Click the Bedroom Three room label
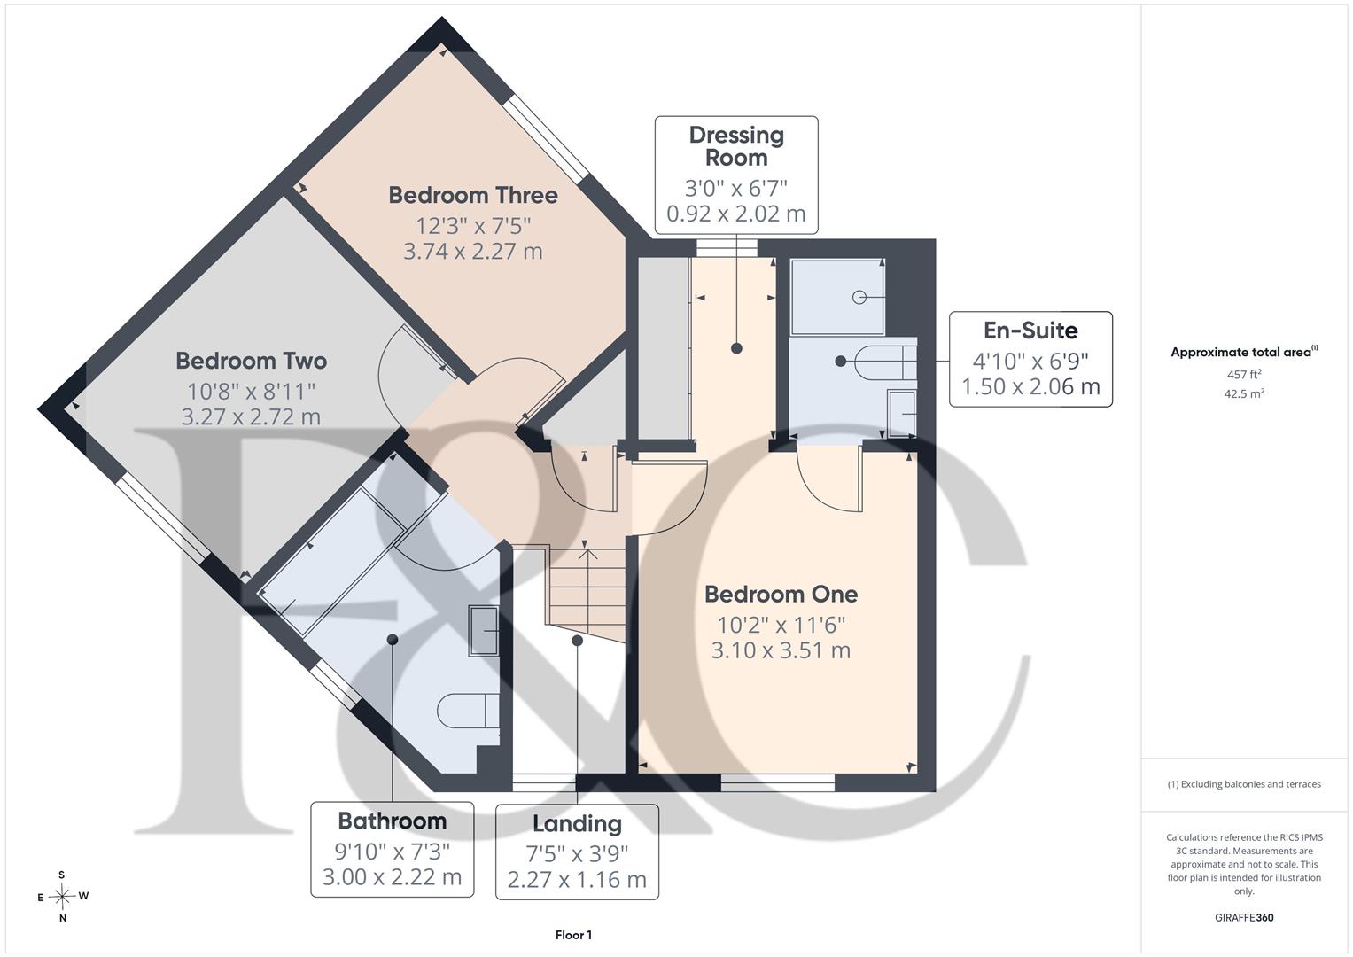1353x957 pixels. pyautogui.click(x=473, y=195)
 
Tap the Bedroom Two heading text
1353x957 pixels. pyautogui.click(x=252, y=361)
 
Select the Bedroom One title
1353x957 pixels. pyautogui.click(x=781, y=594)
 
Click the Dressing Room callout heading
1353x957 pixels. pyautogui.click(x=736, y=146)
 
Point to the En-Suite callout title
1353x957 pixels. pyautogui.click(x=1030, y=331)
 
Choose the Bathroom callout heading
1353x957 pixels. pyautogui.click(x=392, y=821)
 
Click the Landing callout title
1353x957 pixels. pyautogui.click(x=577, y=823)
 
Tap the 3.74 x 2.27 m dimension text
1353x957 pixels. pyautogui.click(x=473, y=251)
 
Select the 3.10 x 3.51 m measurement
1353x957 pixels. pyautogui.click(x=781, y=650)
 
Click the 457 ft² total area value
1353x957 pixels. pyautogui.click(x=1244, y=375)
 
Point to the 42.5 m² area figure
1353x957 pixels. pyautogui.click(x=1244, y=394)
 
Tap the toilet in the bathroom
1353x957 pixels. pyautogui.click(x=468, y=711)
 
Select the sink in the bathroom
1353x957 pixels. pyautogui.click(x=484, y=631)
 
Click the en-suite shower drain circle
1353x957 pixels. pyautogui.click(x=859, y=297)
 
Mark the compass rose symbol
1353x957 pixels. pyautogui.click(x=63, y=896)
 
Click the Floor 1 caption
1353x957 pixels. pyautogui.click(x=573, y=935)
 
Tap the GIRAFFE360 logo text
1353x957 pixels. pyautogui.click(x=1244, y=917)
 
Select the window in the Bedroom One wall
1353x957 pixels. pyautogui.click(x=778, y=783)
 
